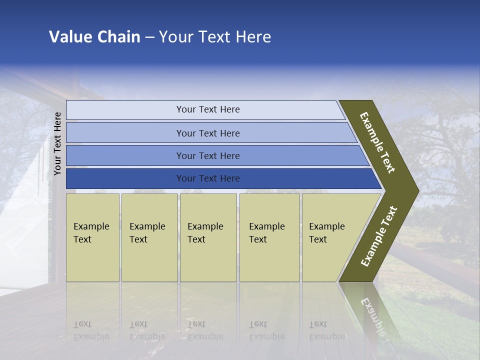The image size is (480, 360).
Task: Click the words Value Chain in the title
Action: [94, 37]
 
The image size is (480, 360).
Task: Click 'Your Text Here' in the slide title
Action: [215, 37]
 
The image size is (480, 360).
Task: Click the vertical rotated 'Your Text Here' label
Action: [57, 143]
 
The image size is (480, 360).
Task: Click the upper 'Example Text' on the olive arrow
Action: [377, 142]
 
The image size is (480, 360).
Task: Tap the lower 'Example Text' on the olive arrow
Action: [379, 236]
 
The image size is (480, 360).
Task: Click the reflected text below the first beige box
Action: [91, 330]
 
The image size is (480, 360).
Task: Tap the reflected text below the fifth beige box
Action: [326, 330]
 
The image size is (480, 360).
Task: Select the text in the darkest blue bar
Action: [208, 178]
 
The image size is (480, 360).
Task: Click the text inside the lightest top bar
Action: [208, 109]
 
